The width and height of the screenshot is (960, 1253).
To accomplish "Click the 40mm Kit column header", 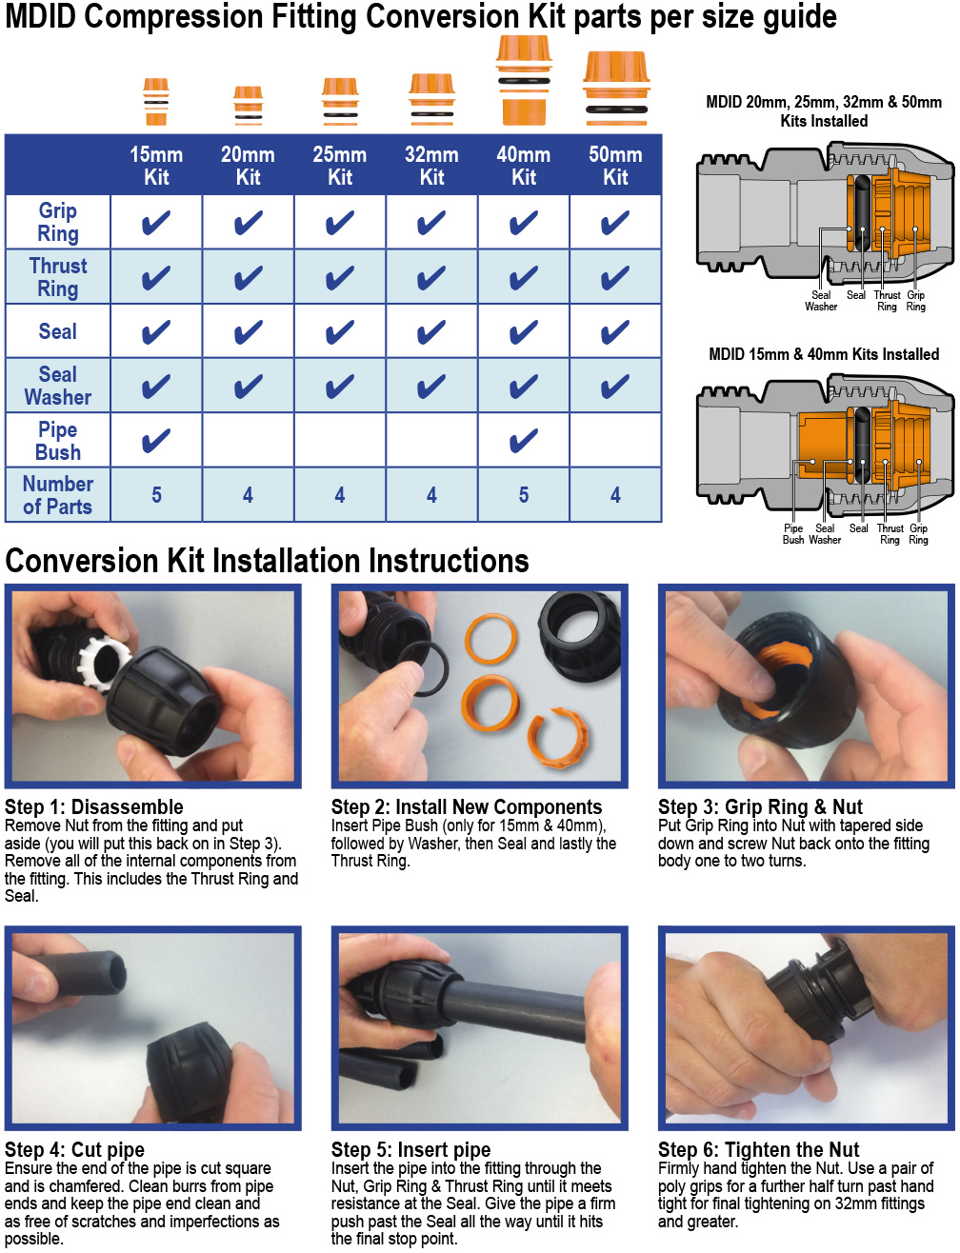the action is coord(524,166).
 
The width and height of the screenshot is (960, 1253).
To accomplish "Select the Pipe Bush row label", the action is coord(58,441).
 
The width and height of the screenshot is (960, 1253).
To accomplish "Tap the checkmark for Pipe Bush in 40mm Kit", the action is coord(524,440).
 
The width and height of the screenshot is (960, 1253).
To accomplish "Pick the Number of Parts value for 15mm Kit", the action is coord(156,495).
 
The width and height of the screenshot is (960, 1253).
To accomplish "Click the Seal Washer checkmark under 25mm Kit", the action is coord(340,386).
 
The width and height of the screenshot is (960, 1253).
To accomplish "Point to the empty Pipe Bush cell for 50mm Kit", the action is coord(615,440).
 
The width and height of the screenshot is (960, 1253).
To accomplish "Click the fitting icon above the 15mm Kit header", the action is coord(155,102).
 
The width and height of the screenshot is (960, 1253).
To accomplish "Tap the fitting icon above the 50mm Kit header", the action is coord(616,89).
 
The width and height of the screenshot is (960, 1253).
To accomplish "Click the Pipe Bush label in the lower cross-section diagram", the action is coord(792,534).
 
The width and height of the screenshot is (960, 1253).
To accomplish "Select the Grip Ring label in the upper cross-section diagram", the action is coord(915,301).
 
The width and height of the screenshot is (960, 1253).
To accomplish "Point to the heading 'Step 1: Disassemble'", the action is coord(94,806).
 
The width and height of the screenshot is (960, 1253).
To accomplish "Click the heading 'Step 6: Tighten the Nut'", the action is coord(758,1149).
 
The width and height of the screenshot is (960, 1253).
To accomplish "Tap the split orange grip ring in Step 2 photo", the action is coord(557,739).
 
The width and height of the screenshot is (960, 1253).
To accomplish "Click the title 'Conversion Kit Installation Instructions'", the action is coord(267,561).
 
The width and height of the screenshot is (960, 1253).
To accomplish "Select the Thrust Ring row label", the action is coord(58,277).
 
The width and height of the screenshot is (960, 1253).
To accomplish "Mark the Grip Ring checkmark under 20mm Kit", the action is coord(248,222).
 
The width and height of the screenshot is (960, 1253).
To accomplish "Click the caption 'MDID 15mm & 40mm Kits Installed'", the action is coord(824,354).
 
